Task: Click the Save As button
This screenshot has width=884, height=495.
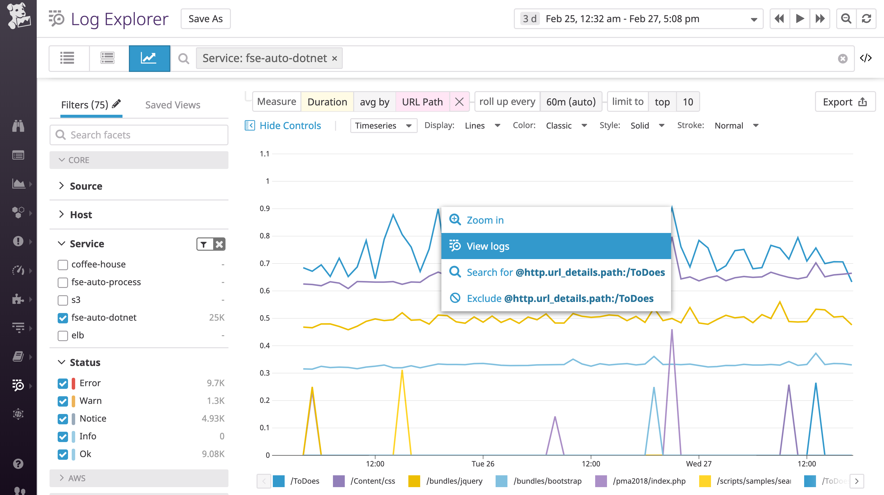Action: [x=206, y=19]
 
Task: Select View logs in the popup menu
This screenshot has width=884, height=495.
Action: [x=556, y=246]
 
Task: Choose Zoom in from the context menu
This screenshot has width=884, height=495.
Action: [x=485, y=220]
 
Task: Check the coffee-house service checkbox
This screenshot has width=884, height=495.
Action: [x=63, y=264]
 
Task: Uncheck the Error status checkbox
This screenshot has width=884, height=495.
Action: [x=63, y=383]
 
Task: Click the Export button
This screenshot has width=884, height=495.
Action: [x=845, y=102]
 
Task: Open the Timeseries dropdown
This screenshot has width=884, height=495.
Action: [x=383, y=126]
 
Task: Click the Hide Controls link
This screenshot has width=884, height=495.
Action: [x=290, y=126]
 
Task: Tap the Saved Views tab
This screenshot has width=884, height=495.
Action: [x=173, y=105]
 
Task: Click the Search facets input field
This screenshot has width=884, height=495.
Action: [x=139, y=135]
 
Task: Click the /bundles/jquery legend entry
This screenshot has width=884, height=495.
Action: [x=454, y=481]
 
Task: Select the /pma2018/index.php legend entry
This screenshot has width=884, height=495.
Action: [x=649, y=481]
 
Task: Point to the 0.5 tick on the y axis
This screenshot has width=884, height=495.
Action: [x=265, y=318]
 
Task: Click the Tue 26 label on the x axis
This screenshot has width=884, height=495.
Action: [x=483, y=464]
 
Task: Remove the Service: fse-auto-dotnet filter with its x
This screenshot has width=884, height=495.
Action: [x=335, y=58]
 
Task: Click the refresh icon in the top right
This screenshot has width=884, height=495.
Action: [x=866, y=19]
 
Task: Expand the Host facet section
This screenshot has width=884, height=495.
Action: [x=81, y=215]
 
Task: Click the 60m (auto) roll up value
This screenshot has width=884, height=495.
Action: [x=571, y=102]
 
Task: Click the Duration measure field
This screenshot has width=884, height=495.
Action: [x=327, y=102]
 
